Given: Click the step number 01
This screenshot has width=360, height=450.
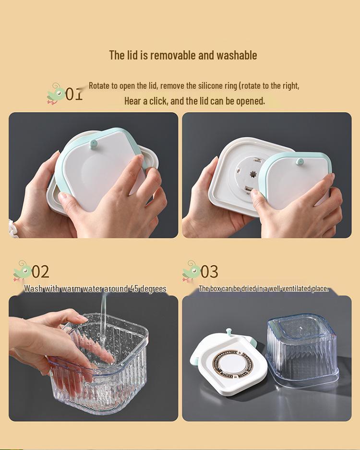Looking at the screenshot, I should click(74, 94).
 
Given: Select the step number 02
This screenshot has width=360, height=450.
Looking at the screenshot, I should click(40, 272).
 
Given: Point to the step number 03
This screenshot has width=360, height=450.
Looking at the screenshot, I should click(209, 272).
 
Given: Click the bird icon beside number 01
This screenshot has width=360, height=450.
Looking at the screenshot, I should click(56, 94).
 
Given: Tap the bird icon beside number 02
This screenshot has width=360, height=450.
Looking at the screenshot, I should click(22, 271).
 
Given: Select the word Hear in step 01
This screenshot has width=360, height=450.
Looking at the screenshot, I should click(132, 101).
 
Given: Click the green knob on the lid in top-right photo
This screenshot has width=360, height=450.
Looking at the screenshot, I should click(300, 162).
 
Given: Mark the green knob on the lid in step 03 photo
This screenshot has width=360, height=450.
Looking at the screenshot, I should click(228, 332).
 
